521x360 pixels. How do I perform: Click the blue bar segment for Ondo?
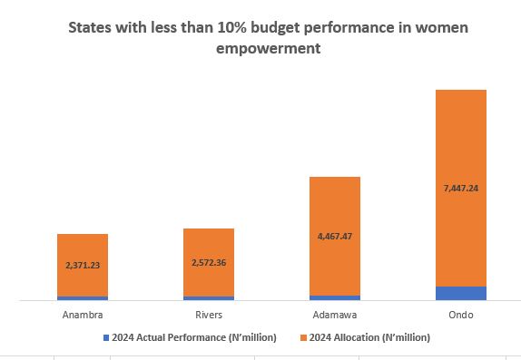coord(461,293)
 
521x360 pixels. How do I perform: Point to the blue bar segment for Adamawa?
coord(335,297)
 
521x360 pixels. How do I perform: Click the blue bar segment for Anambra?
coord(82,297)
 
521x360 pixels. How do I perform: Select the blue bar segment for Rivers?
coord(209,297)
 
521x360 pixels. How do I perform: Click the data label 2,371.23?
coord(82,266)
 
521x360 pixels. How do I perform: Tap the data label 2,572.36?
coord(209,263)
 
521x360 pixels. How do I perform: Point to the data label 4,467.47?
coord(335,236)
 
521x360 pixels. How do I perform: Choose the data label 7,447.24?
coord(461,189)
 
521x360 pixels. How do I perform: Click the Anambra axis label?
coord(82,316)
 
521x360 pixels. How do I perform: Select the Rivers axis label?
coord(209,316)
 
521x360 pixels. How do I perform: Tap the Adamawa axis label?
coord(335,316)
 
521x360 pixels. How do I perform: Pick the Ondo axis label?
coord(461,316)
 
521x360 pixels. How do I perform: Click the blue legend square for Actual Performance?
coord(105,337)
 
